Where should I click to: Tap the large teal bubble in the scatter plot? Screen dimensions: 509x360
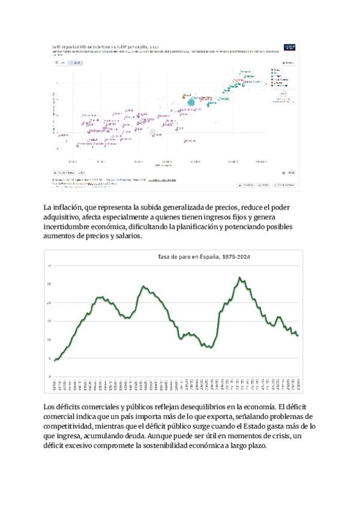(x=191, y=103)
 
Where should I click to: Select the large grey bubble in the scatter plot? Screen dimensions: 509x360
(x=152, y=132)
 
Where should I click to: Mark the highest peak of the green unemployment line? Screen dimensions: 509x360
(x=240, y=277)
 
